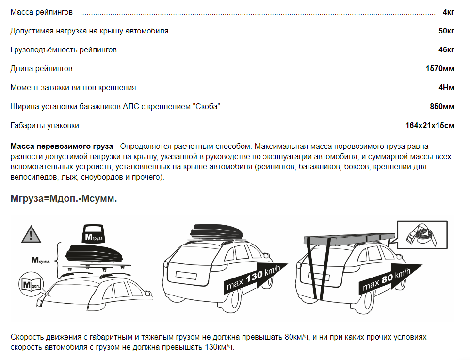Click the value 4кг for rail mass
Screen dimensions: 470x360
click(x=449, y=12)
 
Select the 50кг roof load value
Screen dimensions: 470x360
click(x=446, y=31)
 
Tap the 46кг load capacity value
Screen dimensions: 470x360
click(x=446, y=50)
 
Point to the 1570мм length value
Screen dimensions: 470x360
click(x=440, y=68)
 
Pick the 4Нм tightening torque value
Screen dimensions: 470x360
click(x=446, y=87)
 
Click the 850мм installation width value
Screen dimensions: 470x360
click(x=442, y=106)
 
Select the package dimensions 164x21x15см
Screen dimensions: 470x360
click(x=430, y=125)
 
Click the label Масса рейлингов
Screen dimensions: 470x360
click(x=42, y=12)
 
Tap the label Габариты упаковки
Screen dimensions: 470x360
click(x=45, y=125)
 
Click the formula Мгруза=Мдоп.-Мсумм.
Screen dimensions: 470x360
click(x=64, y=198)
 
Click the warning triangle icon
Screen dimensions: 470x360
click(x=31, y=234)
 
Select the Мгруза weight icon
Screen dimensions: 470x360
click(x=93, y=233)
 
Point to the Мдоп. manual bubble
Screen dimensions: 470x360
click(x=31, y=285)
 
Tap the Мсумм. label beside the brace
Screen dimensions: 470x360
click(x=40, y=261)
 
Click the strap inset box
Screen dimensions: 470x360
click(x=422, y=235)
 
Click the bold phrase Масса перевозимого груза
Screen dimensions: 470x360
click(x=62, y=146)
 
